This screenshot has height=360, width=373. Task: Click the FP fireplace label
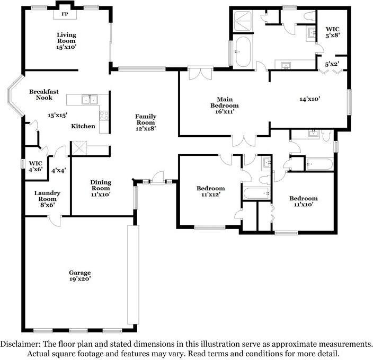click(65, 14)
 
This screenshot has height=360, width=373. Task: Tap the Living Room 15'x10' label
click(66, 41)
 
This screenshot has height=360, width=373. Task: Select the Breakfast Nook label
click(44, 94)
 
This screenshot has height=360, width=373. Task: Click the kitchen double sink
click(90, 99)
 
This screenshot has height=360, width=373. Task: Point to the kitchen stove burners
click(104, 116)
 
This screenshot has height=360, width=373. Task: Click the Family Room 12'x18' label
click(146, 122)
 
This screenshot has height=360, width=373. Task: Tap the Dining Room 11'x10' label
click(101, 188)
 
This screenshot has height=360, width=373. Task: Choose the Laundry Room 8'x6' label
click(47, 199)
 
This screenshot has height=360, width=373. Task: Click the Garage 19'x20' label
click(80, 276)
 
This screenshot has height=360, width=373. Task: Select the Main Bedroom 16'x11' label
click(225, 105)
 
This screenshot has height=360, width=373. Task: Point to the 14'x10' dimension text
click(310, 99)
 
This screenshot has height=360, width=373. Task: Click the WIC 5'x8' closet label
click(333, 32)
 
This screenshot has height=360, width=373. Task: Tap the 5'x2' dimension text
click(332, 64)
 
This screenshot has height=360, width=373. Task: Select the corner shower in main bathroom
click(242, 21)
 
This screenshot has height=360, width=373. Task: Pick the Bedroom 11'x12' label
click(211, 191)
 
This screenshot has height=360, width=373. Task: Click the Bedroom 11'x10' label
click(303, 201)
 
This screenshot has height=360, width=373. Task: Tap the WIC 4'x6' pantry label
click(35, 166)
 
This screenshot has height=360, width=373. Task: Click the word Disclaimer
click(20, 344)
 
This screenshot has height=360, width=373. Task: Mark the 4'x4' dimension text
click(58, 171)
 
